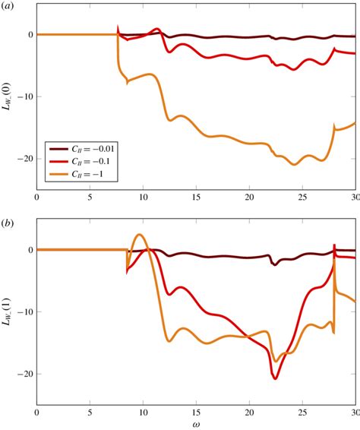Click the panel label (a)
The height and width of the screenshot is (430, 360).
tap(9, 7)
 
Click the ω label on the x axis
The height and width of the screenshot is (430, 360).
tap(196, 422)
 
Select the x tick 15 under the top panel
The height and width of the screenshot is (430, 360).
tap(196, 197)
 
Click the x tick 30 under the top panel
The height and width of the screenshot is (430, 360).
tap(355, 197)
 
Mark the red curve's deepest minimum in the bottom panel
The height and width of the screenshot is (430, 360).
tap(275, 378)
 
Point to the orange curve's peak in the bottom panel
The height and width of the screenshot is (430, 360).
tap(139, 235)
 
